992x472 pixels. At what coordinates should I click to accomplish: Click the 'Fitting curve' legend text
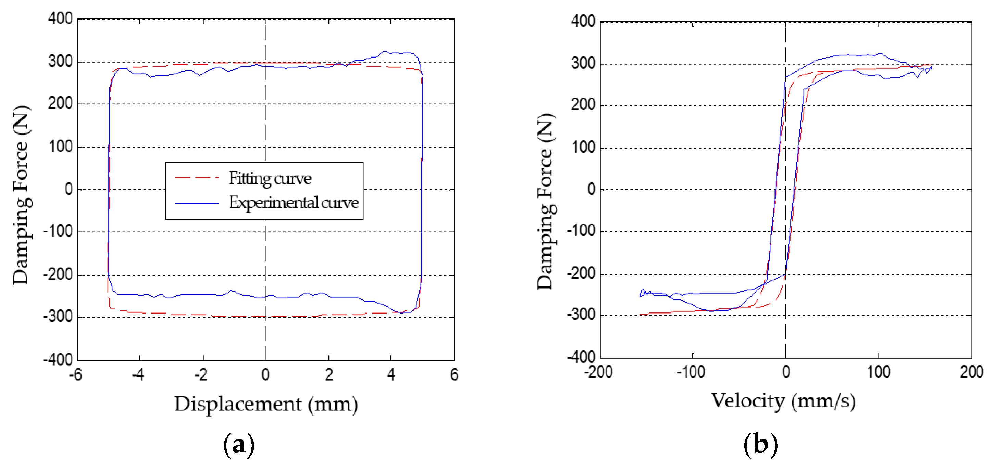tap(270, 178)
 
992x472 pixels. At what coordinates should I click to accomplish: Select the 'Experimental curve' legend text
tap(294, 203)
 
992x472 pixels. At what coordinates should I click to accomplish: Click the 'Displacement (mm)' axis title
tap(266, 405)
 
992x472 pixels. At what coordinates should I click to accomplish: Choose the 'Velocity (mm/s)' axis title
tap(783, 401)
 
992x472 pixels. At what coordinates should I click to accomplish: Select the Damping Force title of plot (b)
tap(545, 201)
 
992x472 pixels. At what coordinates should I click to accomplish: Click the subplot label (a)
tap(239, 445)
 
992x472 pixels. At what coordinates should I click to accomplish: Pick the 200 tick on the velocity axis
tap(971, 372)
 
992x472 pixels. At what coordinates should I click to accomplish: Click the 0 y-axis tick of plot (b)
tap(591, 189)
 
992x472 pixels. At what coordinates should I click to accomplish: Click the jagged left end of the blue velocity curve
tap(642, 293)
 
